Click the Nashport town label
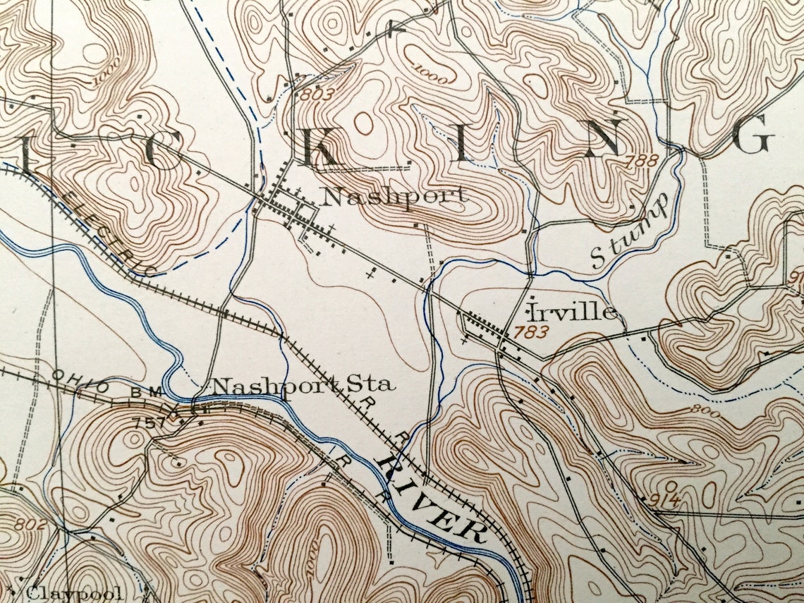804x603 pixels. click(393, 195)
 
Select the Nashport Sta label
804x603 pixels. click(303, 385)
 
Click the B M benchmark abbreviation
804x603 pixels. click(147, 391)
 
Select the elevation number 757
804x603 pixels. click(147, 423)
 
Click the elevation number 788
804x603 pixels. click(640, 162)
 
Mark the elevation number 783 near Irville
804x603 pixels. click(531, 331)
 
